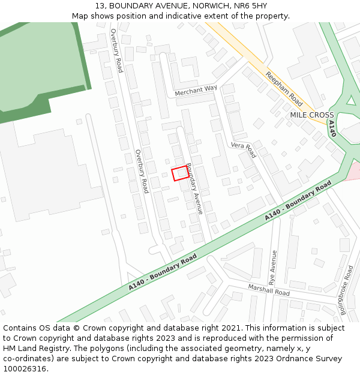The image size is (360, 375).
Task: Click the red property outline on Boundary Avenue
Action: pyautogui.click(x=180, y=173)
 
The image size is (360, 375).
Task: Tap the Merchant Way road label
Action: pyautogui.click(x=196, y=91)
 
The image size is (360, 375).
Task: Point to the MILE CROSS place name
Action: pyautogui.click(x=312, y=115)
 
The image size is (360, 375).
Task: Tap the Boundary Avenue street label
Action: pyautogui.click(x=194, y=188)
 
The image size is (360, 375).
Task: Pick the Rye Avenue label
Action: pyautogui.click(x=274, y=267)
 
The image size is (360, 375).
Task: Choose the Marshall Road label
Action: pyautogui.click(x=269, y=290)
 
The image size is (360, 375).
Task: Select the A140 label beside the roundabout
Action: pyautogui.click(x=332, y=128)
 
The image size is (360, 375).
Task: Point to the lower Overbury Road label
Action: pyautogui.click(x=142, y=171)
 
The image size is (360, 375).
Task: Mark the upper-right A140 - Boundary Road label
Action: pyautogui.click(x=298, y=201)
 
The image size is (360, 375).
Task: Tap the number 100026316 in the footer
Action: pyautogui.click(x=25, y=369)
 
